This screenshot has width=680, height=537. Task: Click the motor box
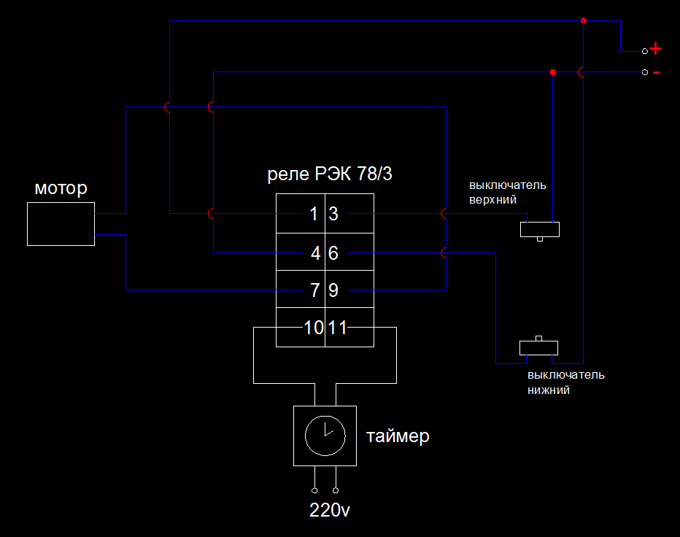(61, 224)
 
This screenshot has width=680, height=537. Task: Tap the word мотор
(61, 189)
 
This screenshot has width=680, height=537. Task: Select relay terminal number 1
(314, 215)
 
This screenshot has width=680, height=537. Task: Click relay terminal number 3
(333, 215)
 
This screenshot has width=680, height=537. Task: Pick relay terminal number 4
(315, 253)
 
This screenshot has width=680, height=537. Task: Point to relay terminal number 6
(333, 253)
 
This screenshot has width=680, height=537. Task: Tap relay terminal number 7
(315, 290)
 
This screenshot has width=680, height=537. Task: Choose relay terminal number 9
(333, 290)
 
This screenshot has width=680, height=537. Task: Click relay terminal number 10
(314, 328)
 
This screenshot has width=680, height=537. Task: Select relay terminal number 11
(337, 328)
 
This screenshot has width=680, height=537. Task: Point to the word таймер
(398, 436)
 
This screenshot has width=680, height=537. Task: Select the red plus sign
(656, 49)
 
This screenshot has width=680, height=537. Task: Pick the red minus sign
(656, 73)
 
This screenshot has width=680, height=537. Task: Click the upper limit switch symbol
(540, 230)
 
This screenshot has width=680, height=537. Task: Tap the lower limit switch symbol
(539, 347)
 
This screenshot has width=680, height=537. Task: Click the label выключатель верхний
(508, 192)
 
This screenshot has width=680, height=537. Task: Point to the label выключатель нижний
(565, 382)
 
